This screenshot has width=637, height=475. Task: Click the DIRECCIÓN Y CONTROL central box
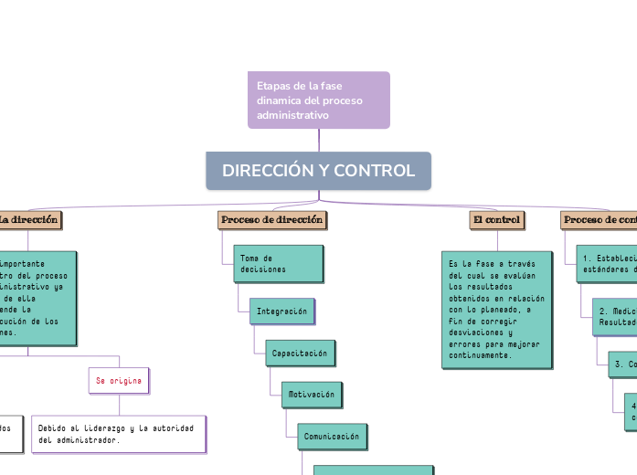click(318, 171)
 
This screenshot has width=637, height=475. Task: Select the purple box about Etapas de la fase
click(318, 100)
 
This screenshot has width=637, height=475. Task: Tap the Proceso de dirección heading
click(272, 220)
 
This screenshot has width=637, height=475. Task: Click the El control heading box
click(496, 220)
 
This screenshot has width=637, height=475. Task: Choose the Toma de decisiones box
click(278, 264)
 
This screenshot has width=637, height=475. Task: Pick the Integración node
click(281, 311)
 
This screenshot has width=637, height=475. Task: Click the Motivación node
click(311, 395)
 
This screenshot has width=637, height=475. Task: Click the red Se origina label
click(119, 379)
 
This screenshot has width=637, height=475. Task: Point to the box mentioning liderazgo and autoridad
click(119, 434)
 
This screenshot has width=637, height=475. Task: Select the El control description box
click(495, 310)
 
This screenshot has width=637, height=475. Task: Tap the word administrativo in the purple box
click(292, 116)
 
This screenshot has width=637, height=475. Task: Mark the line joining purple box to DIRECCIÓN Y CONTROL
click(319, 140)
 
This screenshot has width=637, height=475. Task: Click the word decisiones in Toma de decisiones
click(263, 269)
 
